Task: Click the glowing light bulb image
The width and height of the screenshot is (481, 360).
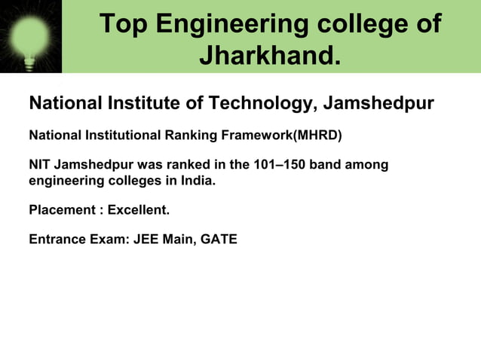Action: (x=31, y=35)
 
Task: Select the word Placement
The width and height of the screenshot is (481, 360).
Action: (x=61, y=210)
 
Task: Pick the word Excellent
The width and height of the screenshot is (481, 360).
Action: (x=139, y=210)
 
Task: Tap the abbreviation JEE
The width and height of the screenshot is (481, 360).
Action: (x=147, y=240)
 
